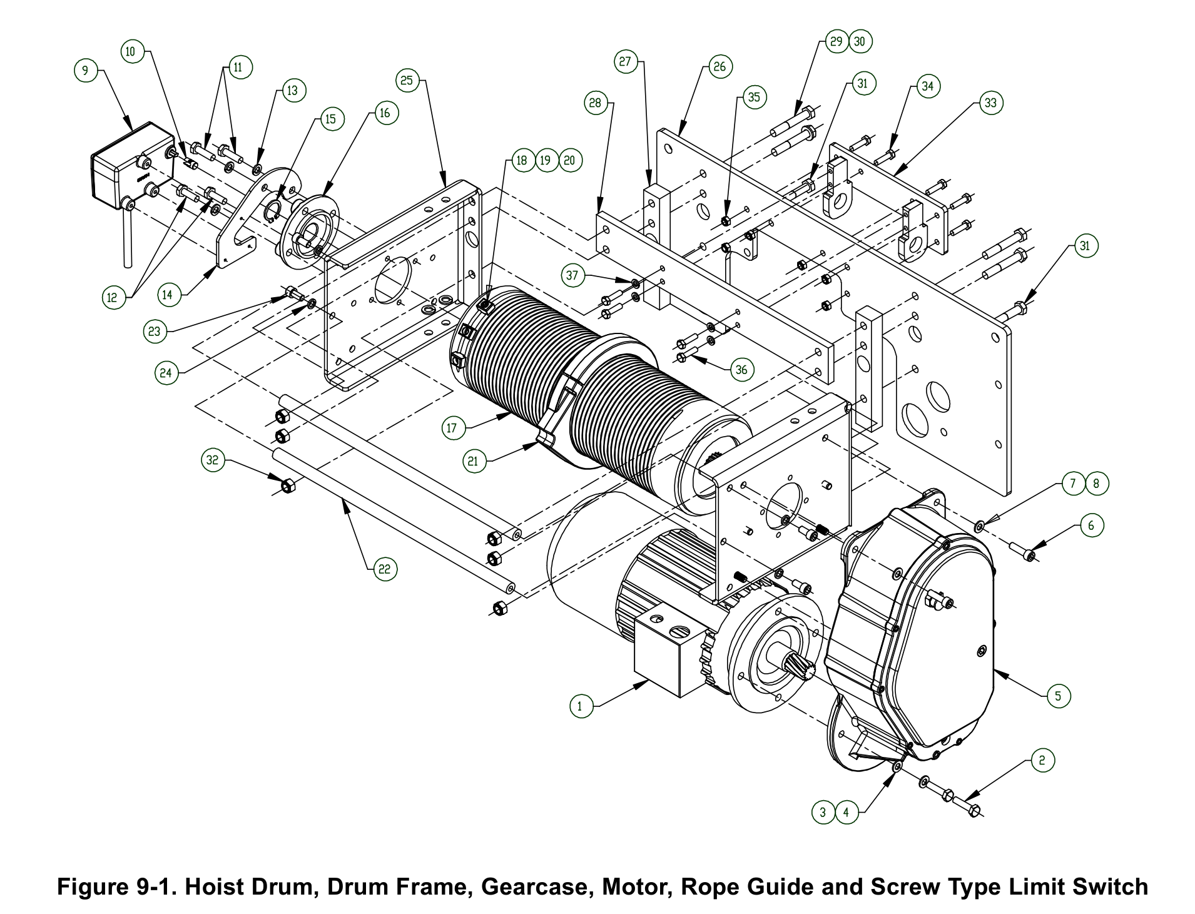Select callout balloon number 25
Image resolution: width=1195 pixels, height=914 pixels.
(407, 80)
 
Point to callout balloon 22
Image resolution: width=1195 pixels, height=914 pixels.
(385, 569)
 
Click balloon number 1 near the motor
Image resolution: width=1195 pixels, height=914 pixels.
(580, 706)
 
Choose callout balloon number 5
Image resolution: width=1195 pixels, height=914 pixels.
(1058, 696)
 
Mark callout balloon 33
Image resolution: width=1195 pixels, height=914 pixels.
(990, 103)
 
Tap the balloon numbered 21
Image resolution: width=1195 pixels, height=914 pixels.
(474, 462)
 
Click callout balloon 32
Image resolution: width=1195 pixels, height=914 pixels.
(213, 461)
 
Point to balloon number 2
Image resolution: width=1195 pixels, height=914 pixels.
(1041, 761)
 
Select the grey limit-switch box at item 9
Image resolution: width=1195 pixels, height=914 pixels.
(131, 166)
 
